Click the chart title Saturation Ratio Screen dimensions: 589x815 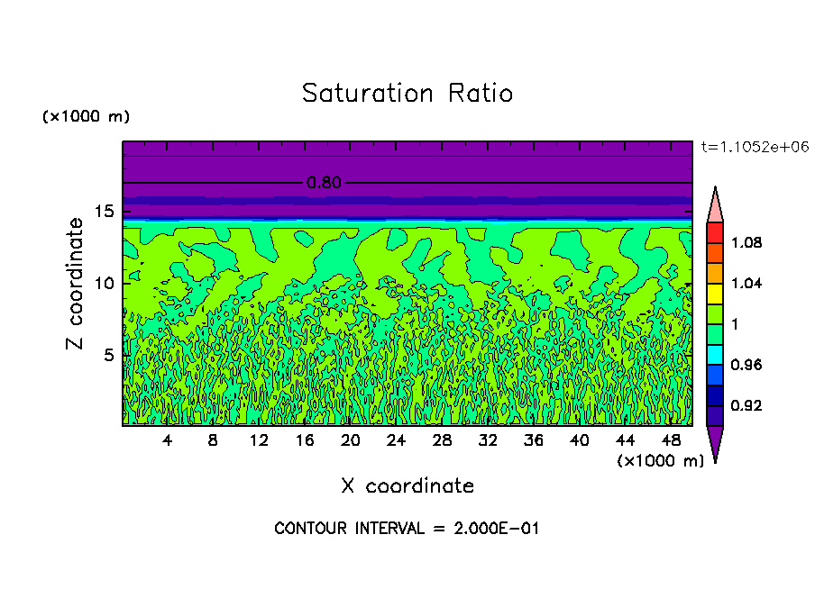click(x=407, y=94)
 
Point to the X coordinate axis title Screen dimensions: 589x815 click(x=407, y=486)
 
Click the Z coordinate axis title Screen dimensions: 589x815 click(x=76, y=284)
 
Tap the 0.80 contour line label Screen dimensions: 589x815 click(x=324, y=183)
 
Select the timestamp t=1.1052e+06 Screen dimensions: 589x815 click(x=753, y=146)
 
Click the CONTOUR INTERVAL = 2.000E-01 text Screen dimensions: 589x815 click(x=407, y=529)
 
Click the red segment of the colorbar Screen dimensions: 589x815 click(x=715, y=232)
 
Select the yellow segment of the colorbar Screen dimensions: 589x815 click(x=715, y=293)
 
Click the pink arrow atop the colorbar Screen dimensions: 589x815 click(x=715, y=205)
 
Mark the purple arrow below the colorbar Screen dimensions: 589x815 click(x=715, y=442)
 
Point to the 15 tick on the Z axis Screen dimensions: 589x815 click(x=104, y=212)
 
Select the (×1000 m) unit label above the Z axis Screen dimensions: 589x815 click(x=87, y=117)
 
